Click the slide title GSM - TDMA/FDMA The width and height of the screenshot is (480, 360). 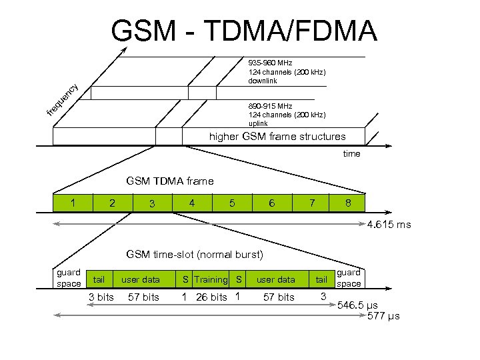click(244, 31)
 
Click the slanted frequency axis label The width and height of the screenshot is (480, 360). click(63, 98)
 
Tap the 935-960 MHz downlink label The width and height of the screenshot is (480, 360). click(287, 72)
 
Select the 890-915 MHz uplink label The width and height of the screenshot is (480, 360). click(287, 115)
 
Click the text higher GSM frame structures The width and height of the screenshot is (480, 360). click(277, 137)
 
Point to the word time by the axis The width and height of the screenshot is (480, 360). click(351, 154)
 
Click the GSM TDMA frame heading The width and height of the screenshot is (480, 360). click(170, 181)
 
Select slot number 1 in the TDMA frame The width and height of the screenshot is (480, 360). click(74, 202)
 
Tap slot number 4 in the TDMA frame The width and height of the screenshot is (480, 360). click(192, 202)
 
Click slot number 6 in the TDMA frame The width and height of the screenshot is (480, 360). click(271, 203)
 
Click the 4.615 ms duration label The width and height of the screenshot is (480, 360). click(389, 225)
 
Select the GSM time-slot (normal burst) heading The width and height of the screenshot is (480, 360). click(195, 254)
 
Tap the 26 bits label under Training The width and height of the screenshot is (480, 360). click(211, 297)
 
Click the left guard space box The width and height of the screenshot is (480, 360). click(69, 278)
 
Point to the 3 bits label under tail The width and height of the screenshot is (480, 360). click(101, 297)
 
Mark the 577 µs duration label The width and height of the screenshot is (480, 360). click(383, 316)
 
